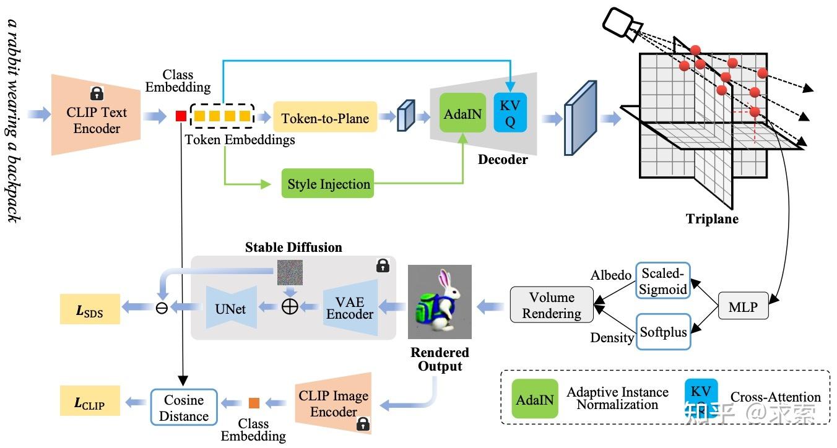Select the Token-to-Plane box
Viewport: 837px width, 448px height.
325,118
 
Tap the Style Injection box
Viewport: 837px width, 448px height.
328,184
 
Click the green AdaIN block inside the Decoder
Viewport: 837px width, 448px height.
463,114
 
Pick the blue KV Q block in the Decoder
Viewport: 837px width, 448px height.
510,113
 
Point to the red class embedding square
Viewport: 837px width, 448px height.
181,116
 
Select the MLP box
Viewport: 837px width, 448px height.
743,306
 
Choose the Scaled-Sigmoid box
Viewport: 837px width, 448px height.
663,281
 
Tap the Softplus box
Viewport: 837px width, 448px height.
663,332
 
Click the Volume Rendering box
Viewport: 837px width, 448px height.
552,305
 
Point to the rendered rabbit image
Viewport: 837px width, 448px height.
440,301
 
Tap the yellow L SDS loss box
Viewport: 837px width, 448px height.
90,312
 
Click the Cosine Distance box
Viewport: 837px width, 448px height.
184,407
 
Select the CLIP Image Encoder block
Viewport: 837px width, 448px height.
334,403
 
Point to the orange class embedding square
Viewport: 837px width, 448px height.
254,403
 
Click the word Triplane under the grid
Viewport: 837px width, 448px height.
712,218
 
